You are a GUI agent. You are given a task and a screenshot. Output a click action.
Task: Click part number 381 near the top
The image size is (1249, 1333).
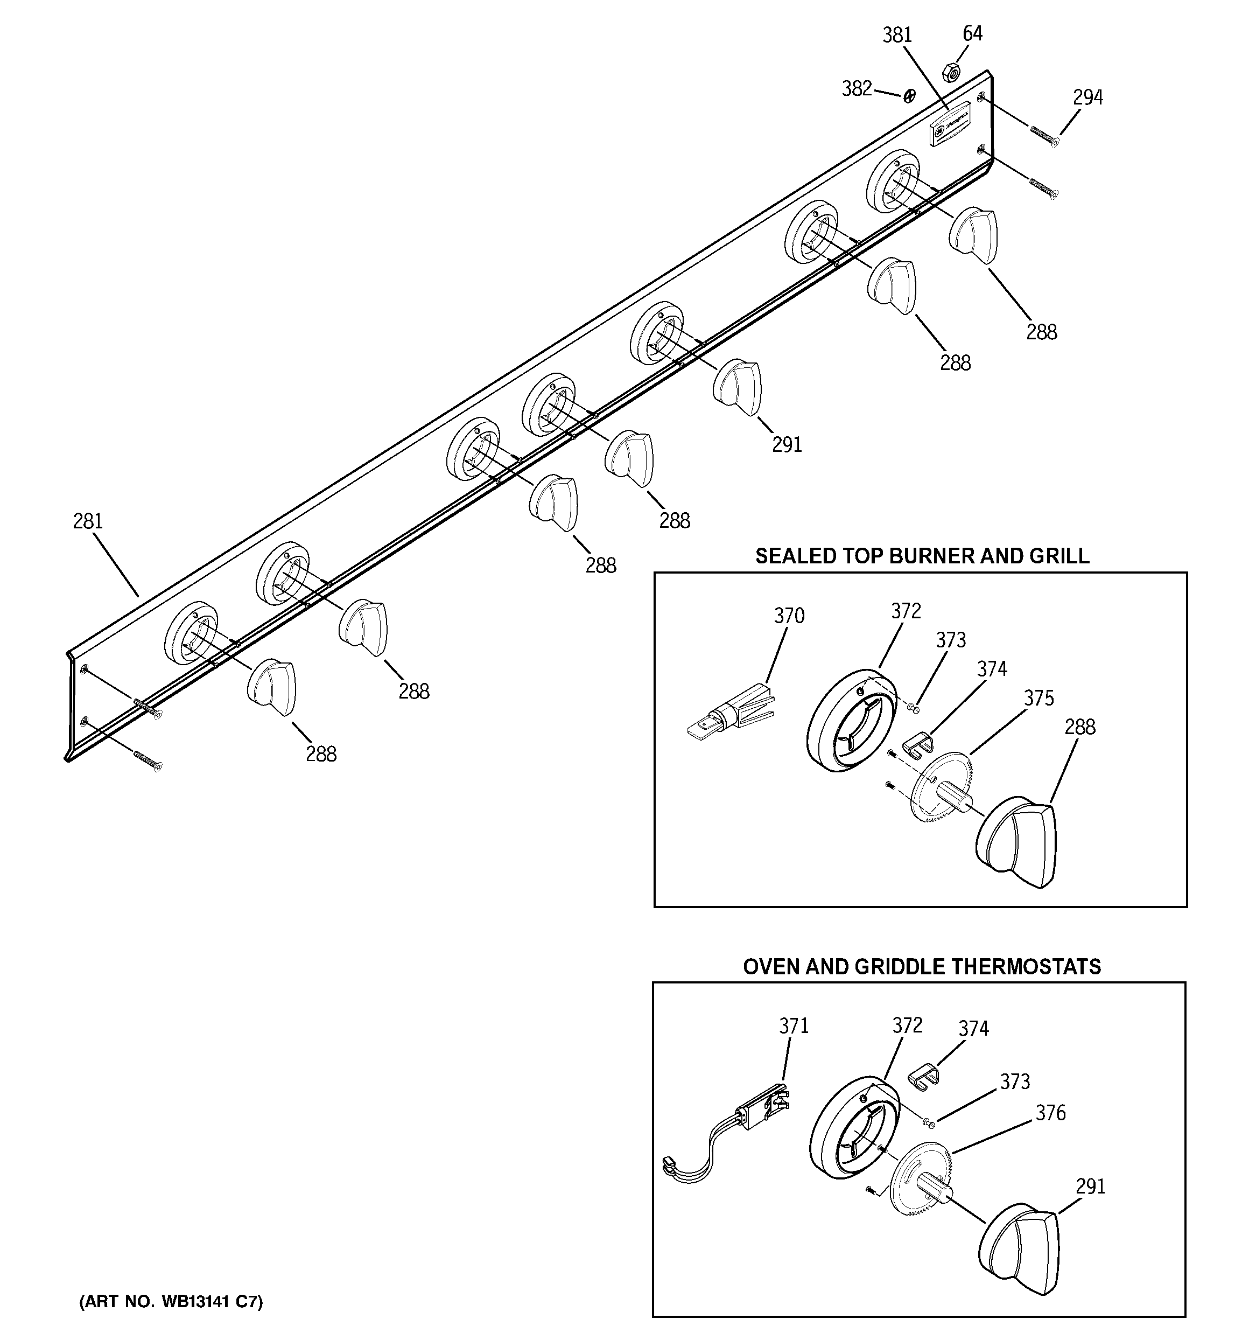[897, 35]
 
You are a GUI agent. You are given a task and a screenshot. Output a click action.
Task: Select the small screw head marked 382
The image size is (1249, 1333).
[909, 97]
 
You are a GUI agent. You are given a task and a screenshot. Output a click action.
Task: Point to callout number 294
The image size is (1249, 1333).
[1087, 98]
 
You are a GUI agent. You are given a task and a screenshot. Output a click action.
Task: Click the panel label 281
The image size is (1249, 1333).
[88, 521]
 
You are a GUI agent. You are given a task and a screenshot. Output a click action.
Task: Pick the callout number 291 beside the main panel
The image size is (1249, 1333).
[787, 444]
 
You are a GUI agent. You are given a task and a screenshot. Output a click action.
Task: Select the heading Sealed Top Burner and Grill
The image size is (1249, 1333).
[922, 556]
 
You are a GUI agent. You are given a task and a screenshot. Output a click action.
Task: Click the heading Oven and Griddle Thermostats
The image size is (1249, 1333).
[922, 966]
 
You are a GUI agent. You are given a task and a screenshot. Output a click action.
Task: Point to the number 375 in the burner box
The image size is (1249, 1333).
[1039, 699]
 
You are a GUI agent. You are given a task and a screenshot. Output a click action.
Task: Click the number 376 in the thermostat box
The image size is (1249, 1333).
[1050, 1113]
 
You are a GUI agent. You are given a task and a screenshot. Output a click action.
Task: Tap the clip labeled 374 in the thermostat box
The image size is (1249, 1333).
[923, 1076]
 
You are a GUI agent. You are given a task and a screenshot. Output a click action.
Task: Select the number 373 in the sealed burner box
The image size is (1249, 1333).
[951, 640]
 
